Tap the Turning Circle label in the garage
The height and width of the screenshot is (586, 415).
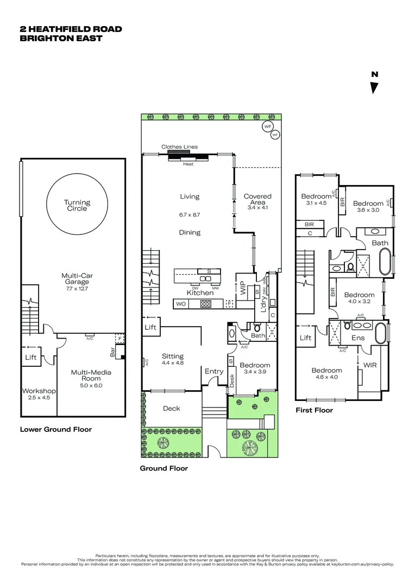coord(77,205)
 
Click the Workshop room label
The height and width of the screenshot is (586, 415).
coord(39,391)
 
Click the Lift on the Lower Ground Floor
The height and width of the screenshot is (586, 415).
coord(31,358)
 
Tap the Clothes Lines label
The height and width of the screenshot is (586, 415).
coord(179,146)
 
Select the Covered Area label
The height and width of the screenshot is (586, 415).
coord(257,199)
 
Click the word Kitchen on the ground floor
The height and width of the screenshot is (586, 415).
coord(200,293)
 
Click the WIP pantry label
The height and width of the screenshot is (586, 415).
coord(242,288)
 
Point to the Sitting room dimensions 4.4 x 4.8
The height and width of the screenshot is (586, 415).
coord(173,363)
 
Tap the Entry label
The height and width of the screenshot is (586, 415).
coord(214,371)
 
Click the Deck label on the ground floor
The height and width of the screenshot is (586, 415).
coord(171,409)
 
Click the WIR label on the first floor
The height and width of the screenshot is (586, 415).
coord(369,365)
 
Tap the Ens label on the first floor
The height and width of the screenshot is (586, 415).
coord(358,338)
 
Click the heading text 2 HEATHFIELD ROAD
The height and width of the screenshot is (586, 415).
coord(71,29)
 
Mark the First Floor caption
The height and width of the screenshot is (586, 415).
coord(314,410)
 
